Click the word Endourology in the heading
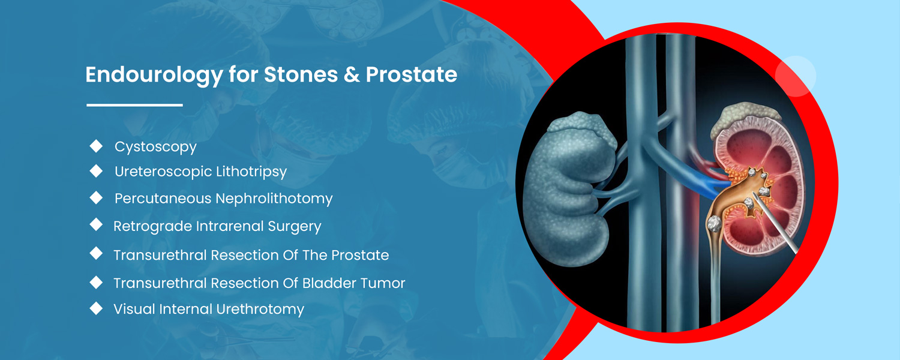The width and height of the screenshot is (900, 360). click(x=154, y=75)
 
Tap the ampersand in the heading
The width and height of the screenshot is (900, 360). click(x=352, y=75)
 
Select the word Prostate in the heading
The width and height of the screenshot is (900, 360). click(x=411, y=75)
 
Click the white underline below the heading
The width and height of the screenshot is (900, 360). click(x=134, y=105)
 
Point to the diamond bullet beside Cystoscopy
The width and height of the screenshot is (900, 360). click(x=96, y=146)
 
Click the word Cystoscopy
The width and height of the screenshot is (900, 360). click(x=155, y=147)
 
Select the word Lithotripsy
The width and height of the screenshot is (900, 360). click(x=251, y=172)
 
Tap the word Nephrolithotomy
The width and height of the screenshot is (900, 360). click(x=274, y=199)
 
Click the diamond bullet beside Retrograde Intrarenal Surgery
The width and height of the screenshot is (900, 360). click(x=96, y=224)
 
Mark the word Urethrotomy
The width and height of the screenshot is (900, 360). click(x=260, y=310)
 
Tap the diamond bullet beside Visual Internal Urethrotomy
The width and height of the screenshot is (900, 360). click(x=96, y=308)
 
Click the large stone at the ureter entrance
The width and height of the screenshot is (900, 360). click(x=715, y=223)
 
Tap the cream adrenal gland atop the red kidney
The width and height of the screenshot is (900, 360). click(x=746, y=119)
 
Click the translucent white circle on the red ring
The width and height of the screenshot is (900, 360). click(x=795, y=76)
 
